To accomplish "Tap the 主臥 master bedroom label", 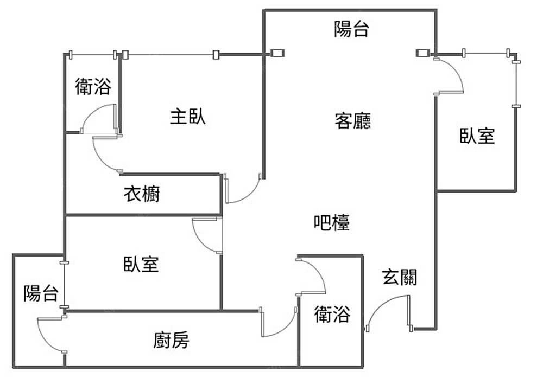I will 188,116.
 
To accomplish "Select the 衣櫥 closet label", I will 142,194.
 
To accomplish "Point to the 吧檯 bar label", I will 331,222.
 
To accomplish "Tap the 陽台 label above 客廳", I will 352,29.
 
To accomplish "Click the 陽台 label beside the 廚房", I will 41,293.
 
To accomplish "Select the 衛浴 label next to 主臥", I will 93,86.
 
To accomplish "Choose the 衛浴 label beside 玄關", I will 332,315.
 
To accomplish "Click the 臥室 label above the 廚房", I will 141,264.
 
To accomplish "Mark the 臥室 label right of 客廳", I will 478,136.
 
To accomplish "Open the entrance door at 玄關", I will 387,311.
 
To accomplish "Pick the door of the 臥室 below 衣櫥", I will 207,235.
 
